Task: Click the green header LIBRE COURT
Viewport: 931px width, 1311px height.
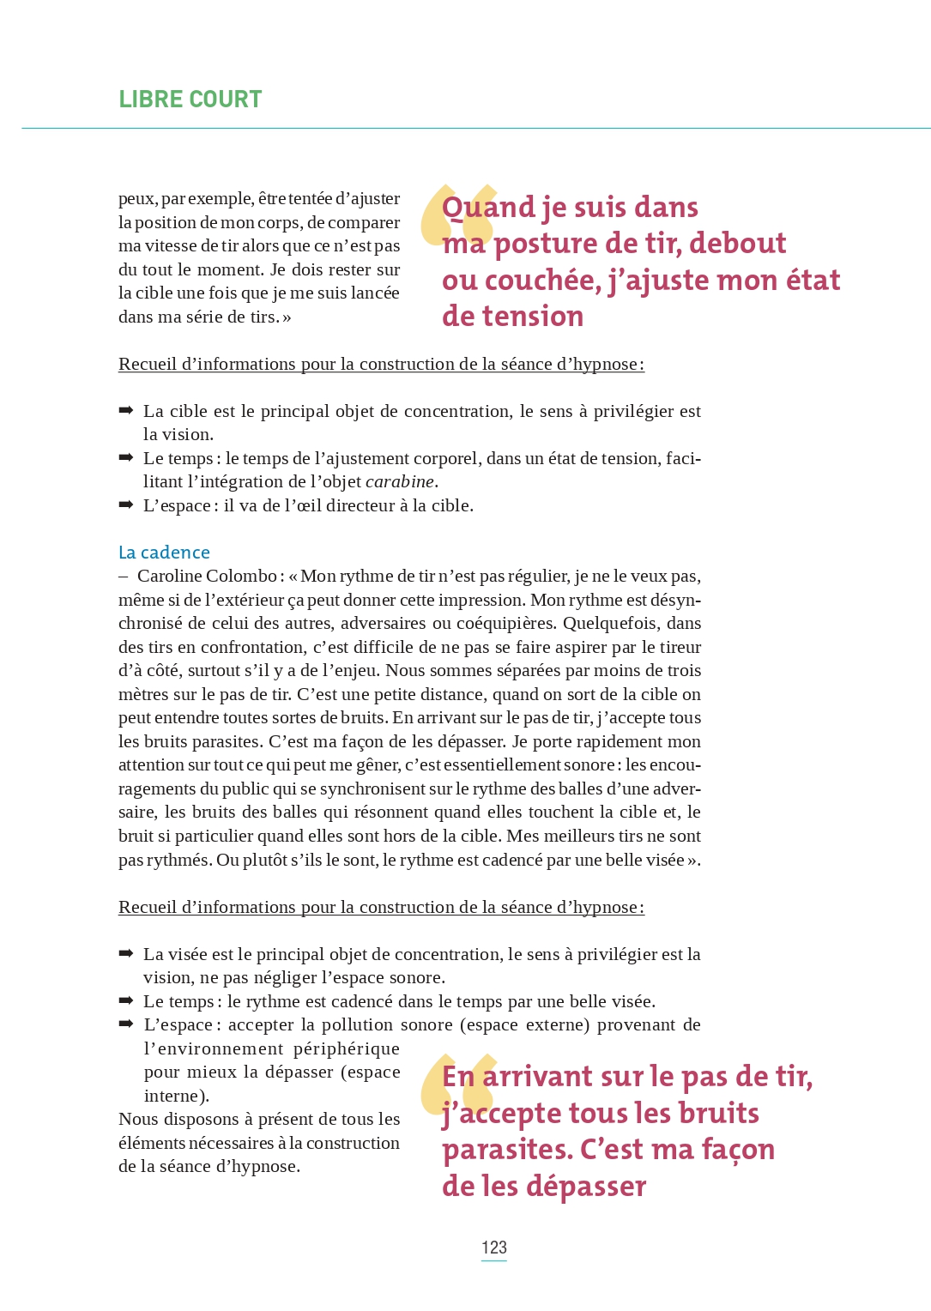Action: click(x=190, y=100)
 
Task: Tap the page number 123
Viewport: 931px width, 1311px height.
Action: click(x=493, y=1248)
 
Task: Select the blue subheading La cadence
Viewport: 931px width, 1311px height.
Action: click(x=164, y=553)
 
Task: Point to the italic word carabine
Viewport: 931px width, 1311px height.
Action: click(x=399, y=482)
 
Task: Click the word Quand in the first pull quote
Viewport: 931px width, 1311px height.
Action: click(x=488, y=208)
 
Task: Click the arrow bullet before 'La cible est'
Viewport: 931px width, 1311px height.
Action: click(x=125, y=411)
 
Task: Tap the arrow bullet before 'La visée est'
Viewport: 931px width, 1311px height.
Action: click(x=125, y=953)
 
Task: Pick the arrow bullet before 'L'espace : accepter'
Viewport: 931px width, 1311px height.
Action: click(x=125, y=1024)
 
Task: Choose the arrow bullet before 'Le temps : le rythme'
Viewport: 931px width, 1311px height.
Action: click(x=125, y=1000)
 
